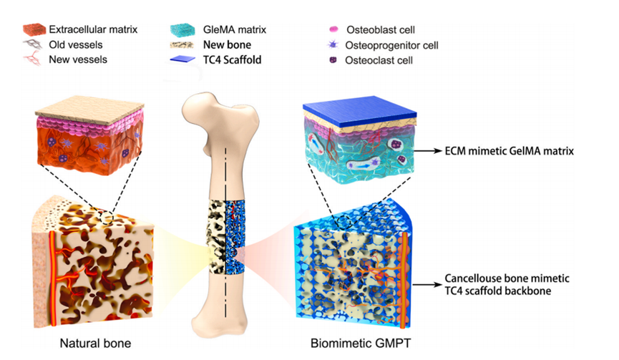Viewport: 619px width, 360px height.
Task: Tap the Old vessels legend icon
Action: (34, 44)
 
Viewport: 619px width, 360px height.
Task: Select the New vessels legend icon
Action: (34, 59)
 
